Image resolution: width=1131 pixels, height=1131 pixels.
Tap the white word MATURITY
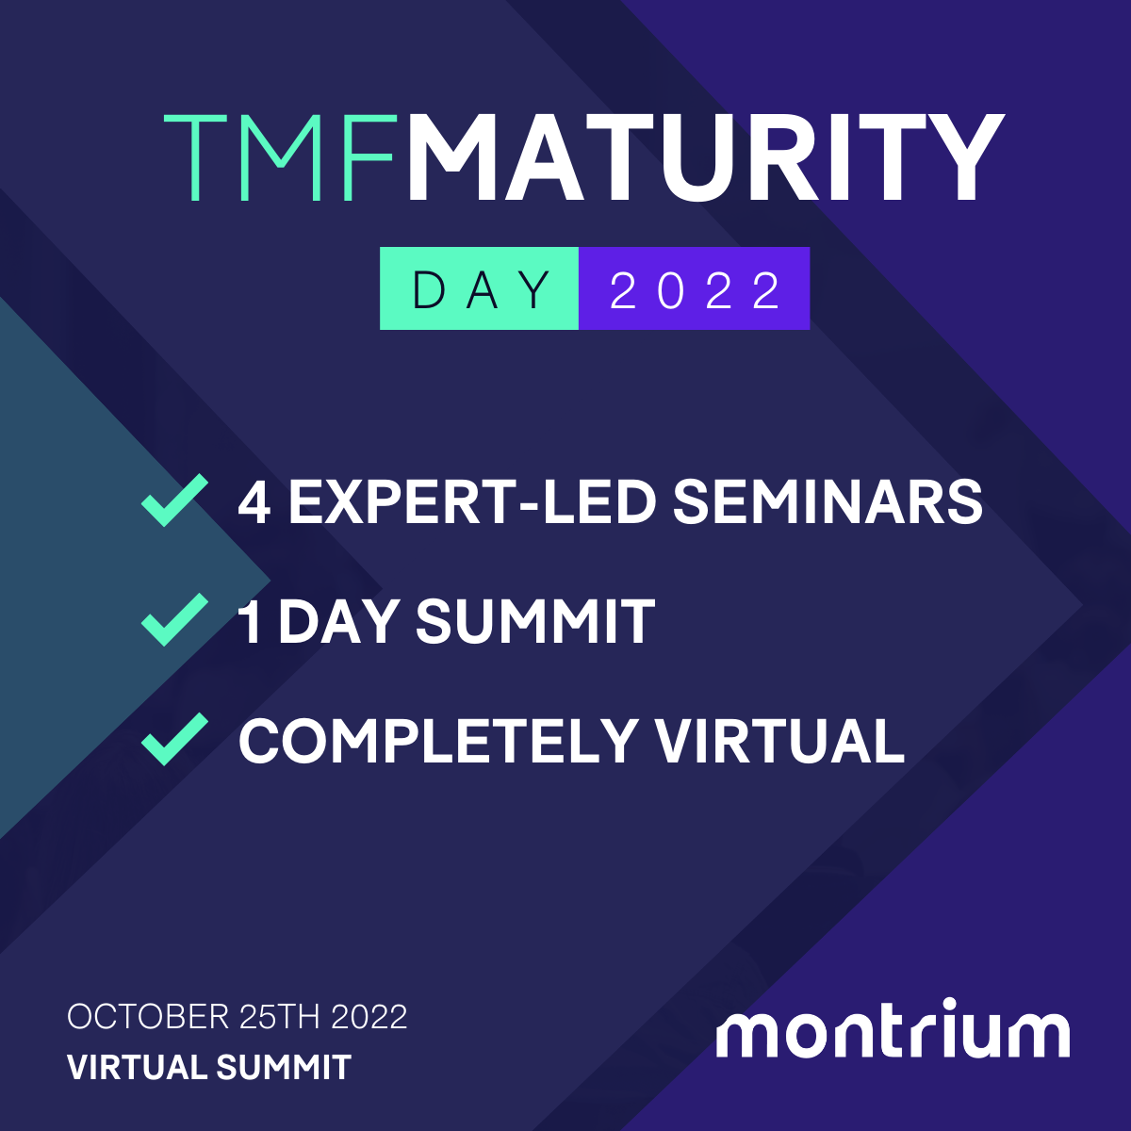[x=705, y=157]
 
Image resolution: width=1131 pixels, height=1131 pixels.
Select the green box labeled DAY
[x=480, y=288]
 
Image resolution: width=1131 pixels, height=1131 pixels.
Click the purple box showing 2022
[x=695, y=288]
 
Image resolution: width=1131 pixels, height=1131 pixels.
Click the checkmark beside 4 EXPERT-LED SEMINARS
[x=174, y=500]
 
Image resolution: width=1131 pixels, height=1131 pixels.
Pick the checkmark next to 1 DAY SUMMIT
[x=174, y=619]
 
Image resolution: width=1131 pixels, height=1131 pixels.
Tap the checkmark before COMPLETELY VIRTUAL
[x=174, y=739]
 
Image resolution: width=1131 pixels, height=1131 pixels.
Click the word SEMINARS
[x=828, y=501]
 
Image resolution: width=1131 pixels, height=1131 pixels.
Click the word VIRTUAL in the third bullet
[x=779, y=741]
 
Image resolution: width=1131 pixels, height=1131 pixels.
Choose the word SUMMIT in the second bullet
[x=534, y=622]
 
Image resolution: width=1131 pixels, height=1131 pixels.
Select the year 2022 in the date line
[x=369, y=1017]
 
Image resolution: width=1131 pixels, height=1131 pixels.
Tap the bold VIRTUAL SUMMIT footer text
[x=209, y=1068]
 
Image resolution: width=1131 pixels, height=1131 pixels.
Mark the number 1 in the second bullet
[x=251, y=622]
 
